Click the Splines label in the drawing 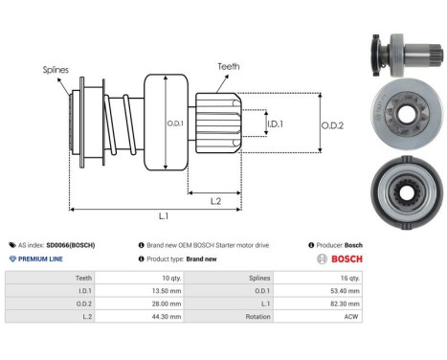(56, 70)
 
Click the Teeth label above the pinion (229, 66)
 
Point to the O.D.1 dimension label (175, 124)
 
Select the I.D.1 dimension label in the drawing (275, 124)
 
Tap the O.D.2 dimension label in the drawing (332, 125)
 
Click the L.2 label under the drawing (215, 201)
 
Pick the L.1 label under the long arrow (164, 216)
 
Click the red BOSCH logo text (346, 259)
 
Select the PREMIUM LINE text (40, 259)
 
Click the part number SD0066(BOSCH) (71, 245)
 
